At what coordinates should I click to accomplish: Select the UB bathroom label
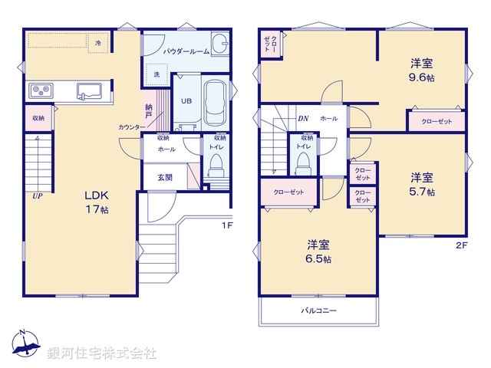[186, 100]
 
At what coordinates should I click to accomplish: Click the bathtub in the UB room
[216, 103]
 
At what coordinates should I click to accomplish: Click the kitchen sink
[88, 91]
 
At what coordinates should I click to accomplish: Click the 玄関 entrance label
[165, 177]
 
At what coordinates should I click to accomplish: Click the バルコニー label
[318, 310]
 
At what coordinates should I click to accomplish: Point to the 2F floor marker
[460, 245]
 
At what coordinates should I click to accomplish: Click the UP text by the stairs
[36, 196]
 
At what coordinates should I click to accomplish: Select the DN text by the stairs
[303, 119]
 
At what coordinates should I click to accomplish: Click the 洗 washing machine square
[156, 75]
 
